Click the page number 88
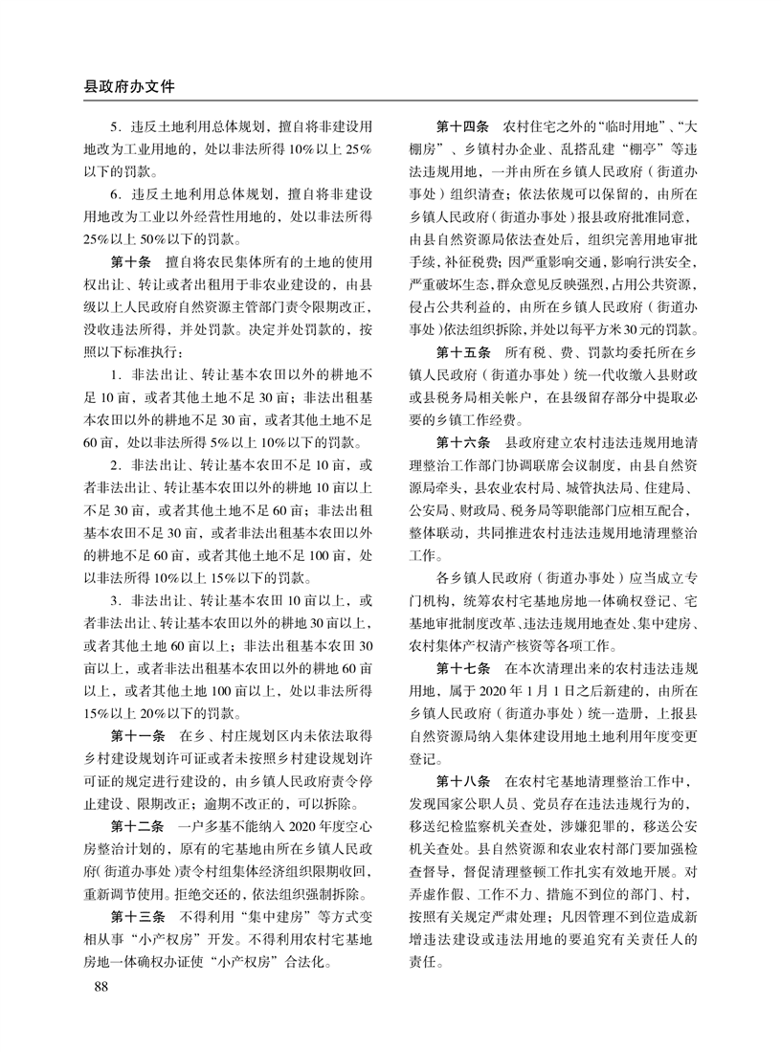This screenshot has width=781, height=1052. [96, 985]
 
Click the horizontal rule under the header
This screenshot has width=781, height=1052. [390, 101]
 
